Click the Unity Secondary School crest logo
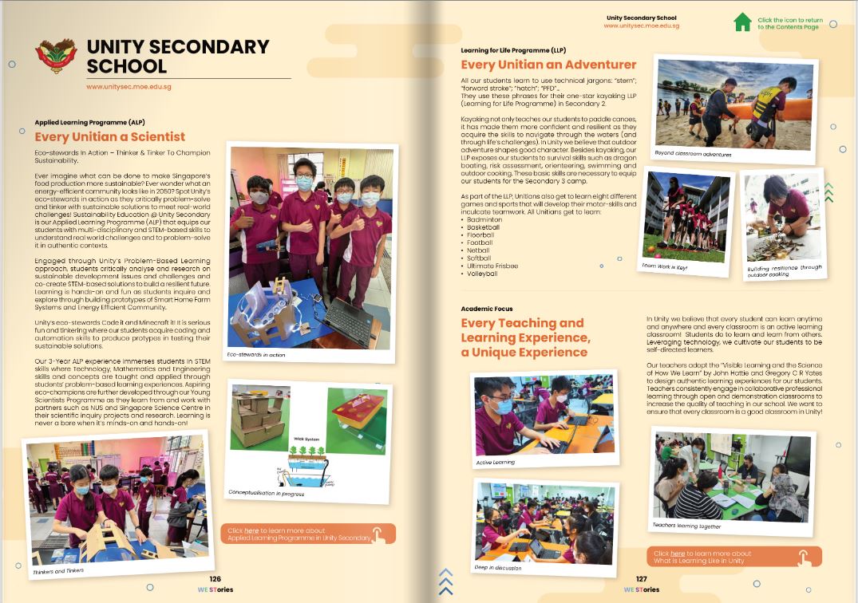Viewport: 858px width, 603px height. tap(56, 56)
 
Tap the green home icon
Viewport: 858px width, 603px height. tap(742, 22)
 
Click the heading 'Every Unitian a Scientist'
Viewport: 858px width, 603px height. tap(109, 136)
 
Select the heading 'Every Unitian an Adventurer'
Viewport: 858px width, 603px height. tap(548, 65)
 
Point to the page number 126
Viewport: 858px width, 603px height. tap(215, 579)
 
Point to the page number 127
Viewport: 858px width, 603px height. tap(641, 579)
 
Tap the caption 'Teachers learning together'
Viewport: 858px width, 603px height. tap(686, 526)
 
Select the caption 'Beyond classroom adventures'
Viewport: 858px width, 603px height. tap(693, 153)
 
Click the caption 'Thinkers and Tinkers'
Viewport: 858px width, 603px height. tap(59, 572)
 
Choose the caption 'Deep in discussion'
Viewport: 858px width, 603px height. tap(498, 567)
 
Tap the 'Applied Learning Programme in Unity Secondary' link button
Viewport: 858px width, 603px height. tap(307, 534)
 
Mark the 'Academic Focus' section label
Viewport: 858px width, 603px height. tap(487, 309)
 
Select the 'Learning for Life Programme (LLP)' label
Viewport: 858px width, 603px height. tap(512, 50)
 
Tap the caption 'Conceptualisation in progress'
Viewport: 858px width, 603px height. tap(266, 491)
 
